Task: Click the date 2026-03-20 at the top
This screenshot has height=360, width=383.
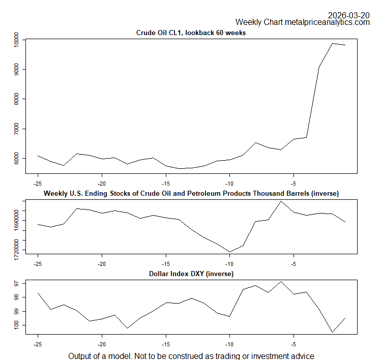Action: [348, 15]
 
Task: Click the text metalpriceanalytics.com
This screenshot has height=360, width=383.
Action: [327, 22]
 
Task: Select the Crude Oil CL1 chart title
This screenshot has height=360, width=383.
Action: [191, 33]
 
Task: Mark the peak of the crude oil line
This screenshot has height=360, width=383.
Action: [333, 43]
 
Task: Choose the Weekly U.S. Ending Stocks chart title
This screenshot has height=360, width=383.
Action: [191, 193]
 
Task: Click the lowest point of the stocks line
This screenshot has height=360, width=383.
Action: [229, 252]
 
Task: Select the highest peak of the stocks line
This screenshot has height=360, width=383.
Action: [281, 201]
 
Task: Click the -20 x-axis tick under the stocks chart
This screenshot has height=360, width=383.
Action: [102, 264]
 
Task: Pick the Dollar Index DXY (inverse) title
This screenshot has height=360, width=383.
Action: [191, 274]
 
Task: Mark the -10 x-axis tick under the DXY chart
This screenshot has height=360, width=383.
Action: [229, 344]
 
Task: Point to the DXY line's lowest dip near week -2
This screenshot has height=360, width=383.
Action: [333, 333]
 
